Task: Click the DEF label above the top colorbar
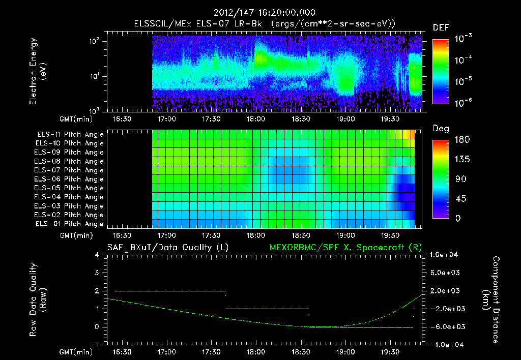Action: coord(441,27)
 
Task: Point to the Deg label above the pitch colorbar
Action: coord(441,129)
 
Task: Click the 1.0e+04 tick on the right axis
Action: coord(445,255)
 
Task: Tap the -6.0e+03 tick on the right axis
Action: coord(445,326)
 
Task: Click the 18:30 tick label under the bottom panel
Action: coord(300,352)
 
